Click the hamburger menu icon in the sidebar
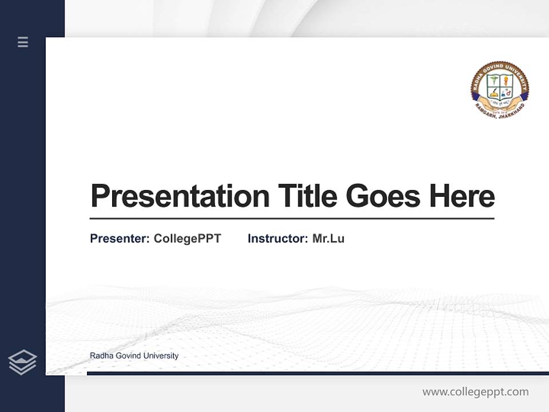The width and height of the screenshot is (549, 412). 23,42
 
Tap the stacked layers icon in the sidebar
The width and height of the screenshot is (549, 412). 22,362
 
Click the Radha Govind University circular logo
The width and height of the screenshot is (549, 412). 500,90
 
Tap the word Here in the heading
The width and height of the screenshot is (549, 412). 462,196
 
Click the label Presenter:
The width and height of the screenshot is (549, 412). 120,239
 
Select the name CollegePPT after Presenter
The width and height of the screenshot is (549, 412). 187,239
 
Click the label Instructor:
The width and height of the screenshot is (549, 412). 277,239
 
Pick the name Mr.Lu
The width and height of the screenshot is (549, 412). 328,239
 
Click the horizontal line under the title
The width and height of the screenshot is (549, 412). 292,219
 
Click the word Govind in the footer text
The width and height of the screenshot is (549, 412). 126,356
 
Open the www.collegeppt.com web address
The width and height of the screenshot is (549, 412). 475,392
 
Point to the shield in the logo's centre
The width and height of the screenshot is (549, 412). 500,87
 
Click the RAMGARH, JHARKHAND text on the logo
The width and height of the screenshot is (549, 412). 500,114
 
